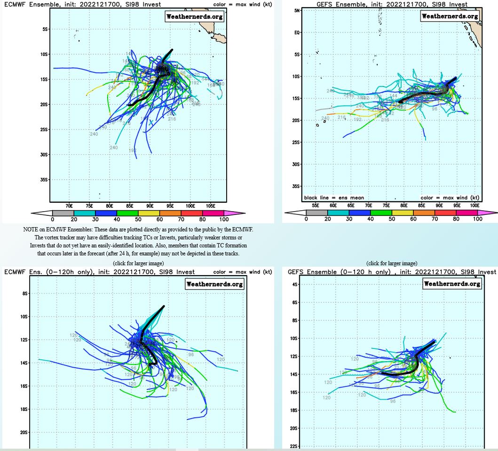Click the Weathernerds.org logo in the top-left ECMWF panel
(x=195, y=16)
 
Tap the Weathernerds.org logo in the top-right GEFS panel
(x=450, y=16)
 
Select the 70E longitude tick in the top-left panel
(x=69, y=206)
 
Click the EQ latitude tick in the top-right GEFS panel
(x=297, y=32)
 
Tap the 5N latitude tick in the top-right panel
(x=297, y=10)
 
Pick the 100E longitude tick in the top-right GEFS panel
(x=474, y=206)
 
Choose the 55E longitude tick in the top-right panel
(x=316, y=206)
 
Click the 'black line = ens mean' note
(x=334, y=198)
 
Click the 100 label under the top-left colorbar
(x=224, y=219)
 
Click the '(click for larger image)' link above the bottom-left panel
(x=138, y=263)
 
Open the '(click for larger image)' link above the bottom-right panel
(x=392, y=263)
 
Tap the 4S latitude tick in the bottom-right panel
(x=295, y=285)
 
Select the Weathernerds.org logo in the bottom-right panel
(x=452, y=284)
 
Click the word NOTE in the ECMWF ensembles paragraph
(x=31, y=229)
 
